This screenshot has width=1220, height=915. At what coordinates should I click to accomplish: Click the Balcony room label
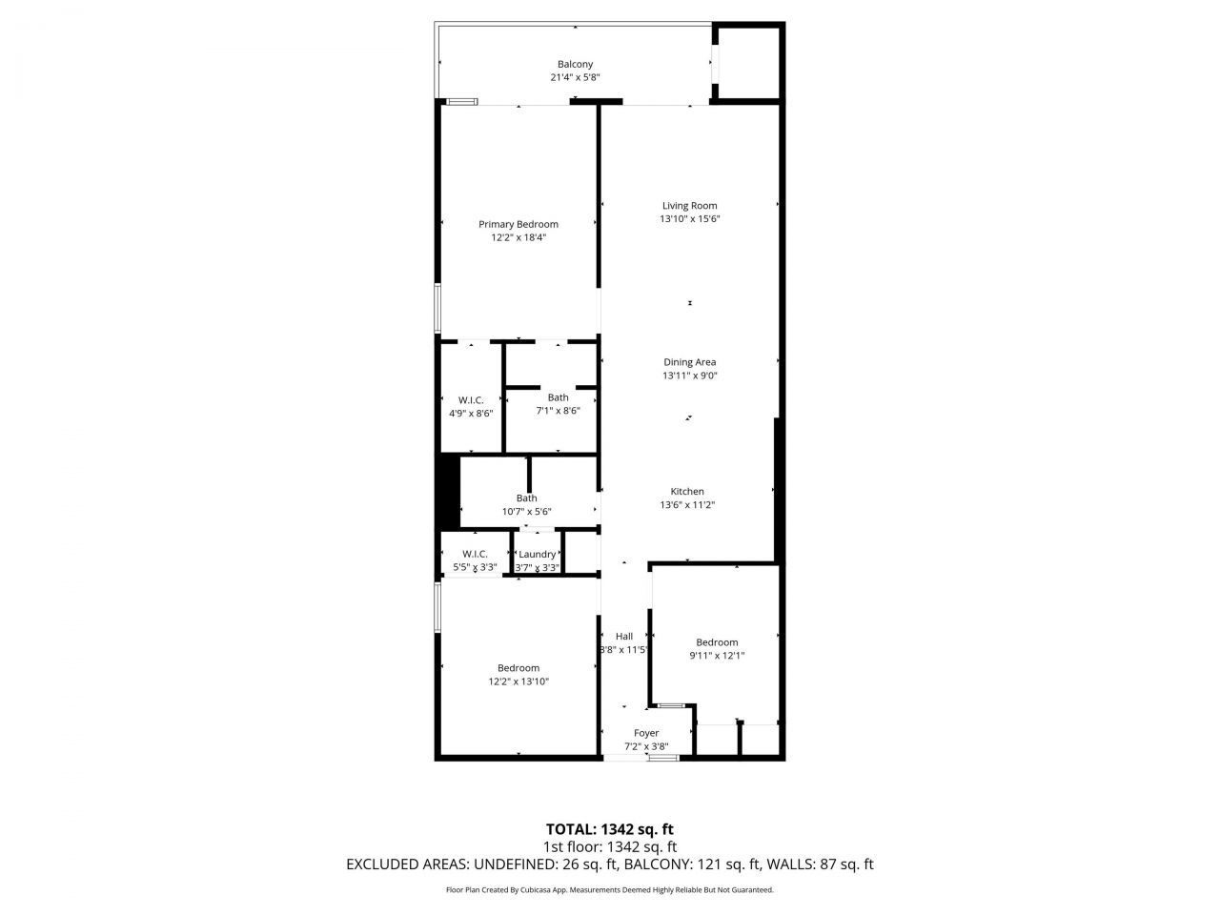575,65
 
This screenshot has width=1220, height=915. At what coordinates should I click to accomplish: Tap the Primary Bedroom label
518,224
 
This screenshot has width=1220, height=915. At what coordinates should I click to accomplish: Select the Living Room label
689,205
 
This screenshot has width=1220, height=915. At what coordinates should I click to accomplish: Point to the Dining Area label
689,362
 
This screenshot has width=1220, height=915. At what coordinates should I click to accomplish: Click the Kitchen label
687,492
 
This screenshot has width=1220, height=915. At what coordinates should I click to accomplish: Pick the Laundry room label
538,554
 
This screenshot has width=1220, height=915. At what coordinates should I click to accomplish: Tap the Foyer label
646,733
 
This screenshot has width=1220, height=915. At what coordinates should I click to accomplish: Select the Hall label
624,637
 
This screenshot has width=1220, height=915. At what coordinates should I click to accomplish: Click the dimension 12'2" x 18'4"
518,238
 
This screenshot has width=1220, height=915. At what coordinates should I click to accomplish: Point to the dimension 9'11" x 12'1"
717,656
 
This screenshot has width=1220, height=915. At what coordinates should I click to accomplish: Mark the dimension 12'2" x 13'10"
518,681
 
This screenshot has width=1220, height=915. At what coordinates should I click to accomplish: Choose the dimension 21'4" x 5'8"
575,78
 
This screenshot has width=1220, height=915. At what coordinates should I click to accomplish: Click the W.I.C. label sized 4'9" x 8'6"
471,400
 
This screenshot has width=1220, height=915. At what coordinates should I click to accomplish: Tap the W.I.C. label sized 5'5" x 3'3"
475,554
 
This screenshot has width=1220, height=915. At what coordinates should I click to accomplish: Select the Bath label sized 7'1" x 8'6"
558,397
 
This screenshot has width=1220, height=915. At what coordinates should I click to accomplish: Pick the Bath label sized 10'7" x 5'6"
526,498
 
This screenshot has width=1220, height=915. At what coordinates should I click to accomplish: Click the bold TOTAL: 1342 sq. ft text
610,829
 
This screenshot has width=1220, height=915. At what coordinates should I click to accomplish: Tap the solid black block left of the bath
448,492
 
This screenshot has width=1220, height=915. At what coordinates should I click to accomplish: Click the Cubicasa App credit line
610,890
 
